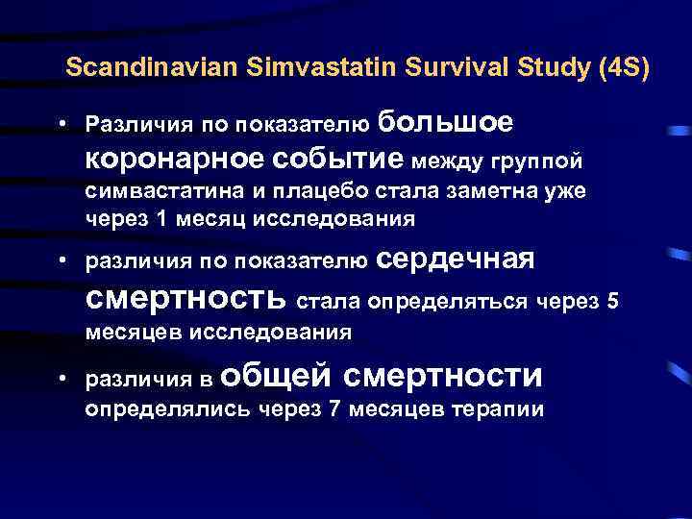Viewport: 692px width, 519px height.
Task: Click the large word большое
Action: coord(445,122)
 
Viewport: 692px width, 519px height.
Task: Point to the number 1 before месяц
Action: coord(161,218)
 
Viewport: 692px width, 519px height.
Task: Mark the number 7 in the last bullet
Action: coord(334,409)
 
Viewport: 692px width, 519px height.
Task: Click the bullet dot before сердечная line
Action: coord(61,260)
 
